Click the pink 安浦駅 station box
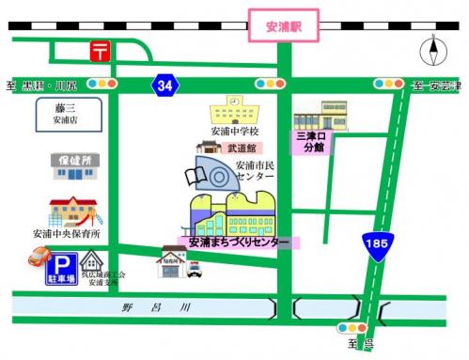[284, 25]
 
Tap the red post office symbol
[99, 50]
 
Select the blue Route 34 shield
[164, 86]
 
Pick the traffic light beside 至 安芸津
[385, 85]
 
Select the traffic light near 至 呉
[348, 329]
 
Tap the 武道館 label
[241, 148]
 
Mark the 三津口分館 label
[310, 142]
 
